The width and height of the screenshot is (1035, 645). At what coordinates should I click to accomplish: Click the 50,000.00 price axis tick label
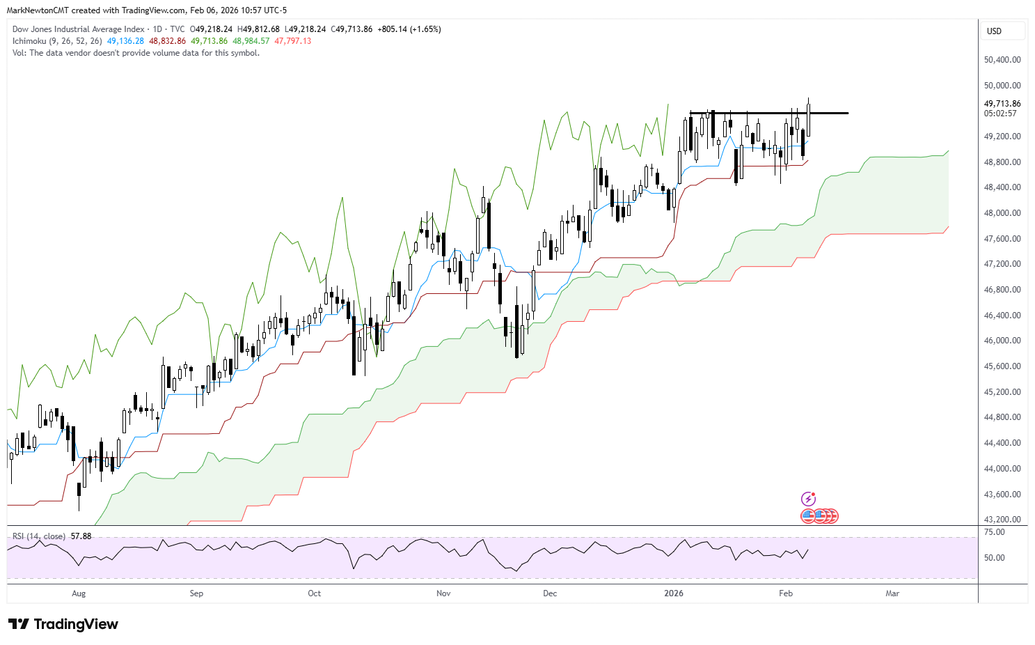pyautogui.click(x=1002, y=86)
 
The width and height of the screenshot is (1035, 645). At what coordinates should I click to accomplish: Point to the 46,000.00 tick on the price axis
pyautogui.click(x=1002, y=341)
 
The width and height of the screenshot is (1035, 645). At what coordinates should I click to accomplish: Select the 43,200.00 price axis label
pyautogui.click(x=1002, y=520)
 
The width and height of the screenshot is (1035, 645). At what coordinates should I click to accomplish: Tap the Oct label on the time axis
pyautogui.click(x=315, y=593)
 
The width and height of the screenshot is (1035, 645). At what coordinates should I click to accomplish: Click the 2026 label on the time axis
pyautogui.click(x=674, y=593)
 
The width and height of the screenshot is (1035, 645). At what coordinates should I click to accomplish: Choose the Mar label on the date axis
pyautogui.click(x=892, y=593)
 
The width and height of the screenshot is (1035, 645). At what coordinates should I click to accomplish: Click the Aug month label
pyautogui.click(x=79, y=593)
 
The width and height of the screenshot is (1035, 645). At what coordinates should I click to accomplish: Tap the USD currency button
pyautogui.click(x=994, y=31)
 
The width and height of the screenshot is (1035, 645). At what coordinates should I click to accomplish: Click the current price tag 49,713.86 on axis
pyautogui.click(x=1002, y=104)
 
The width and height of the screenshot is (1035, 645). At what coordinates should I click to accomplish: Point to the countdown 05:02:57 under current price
pyautogui.click(x=1000, y=114)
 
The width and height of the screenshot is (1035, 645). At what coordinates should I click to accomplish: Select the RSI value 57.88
pyautogui.click(x=81, y=536)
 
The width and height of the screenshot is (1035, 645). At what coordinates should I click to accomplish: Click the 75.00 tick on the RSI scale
pyautogui.click(x=995, y=532)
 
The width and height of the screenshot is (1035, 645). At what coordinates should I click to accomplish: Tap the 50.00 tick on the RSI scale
pyautogui.click(x=995, y=558)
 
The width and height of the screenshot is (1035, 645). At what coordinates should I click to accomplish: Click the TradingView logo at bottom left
pyautogui.click(x=63, y=624)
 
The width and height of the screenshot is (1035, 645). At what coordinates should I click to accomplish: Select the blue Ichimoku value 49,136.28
pyautogui.click(x=125, y=41)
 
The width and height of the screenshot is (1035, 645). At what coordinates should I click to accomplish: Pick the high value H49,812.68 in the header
pyautogui.click(x=258, y=29)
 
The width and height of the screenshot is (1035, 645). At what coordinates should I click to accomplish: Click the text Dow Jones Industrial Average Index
pyautogui.click(x=79, y=29)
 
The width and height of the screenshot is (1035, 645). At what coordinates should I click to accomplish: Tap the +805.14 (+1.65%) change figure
pyautogui.click(x=409, y=29)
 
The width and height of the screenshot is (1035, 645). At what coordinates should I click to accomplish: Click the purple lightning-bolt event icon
pyautogui.click(x=808, y=499)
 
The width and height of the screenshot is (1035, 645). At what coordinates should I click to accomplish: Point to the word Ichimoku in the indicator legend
pyautogui.click(x=29, y=41)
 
